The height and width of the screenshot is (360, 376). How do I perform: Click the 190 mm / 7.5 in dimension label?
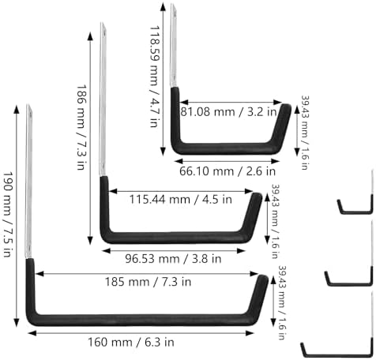click(7, 215)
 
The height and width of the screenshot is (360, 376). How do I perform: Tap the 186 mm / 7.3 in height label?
click(81, 127)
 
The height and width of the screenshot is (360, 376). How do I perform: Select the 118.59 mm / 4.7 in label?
click(155, 77)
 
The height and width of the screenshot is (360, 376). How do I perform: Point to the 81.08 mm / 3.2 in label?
click(229, 112)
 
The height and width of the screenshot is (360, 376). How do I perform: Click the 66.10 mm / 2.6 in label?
click(227, 171)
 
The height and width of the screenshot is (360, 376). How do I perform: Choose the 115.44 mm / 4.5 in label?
click(180, 199)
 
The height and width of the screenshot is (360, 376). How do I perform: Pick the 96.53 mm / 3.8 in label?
click(173, 259)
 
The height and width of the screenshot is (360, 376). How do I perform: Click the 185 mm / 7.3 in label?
click(148, 282)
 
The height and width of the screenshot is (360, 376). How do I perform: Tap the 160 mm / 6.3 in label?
click(131, 343)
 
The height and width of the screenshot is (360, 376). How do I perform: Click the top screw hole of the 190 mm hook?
click(31, 114)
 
